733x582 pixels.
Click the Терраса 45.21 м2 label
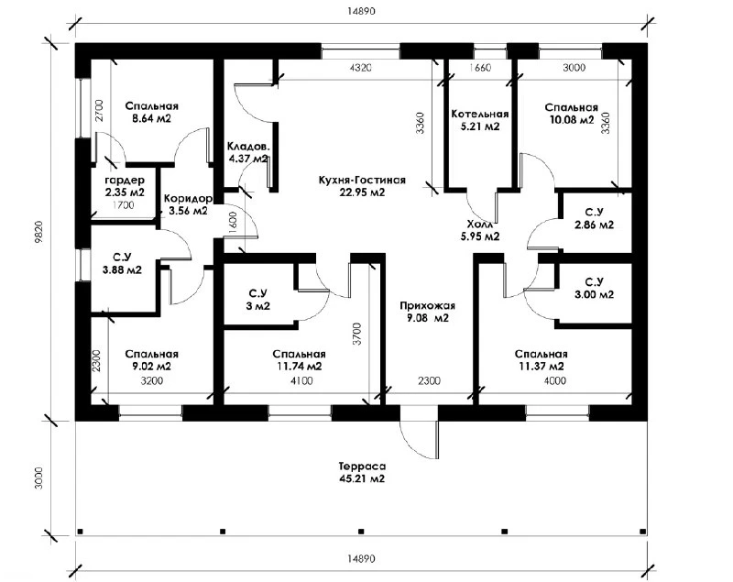(x=362, y=473)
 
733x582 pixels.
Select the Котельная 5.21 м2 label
(x=479, y=120)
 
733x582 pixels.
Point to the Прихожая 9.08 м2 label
(x=427, y=312)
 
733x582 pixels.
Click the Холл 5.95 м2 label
(x=479, y=230)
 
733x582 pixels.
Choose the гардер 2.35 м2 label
(x=125, y=185)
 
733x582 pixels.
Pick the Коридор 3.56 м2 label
(x=188, y=204)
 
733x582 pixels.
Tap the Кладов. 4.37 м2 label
(x=247, y=152)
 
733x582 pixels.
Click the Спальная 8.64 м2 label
(x=151, y=112)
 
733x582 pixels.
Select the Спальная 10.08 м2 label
(x=571, y=114)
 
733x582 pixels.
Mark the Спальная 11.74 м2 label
(x=299, y=360)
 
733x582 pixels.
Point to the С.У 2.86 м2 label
(x=594, y=218)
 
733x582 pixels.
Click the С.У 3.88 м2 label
(x=122, y=263)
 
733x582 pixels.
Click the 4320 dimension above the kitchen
(x=360, y=68)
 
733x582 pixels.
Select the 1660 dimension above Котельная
(x=480, y=68)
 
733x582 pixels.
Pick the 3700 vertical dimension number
(x=357, y=334)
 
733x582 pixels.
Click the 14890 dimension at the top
(x=361, y=11)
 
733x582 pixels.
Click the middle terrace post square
(x=361, y=531)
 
